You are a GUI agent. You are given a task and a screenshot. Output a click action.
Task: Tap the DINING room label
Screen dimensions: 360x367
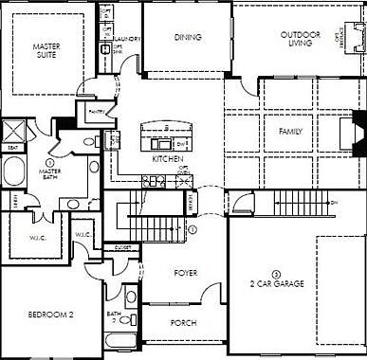[x=188, y=38]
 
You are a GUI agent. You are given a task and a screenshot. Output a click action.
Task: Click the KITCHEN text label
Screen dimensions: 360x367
[x=167, y=159]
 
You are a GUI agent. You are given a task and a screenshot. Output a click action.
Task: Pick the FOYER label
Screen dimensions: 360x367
[x=185, y=273]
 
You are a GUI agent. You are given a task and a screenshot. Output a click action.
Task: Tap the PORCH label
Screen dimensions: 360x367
[x=184, y=323]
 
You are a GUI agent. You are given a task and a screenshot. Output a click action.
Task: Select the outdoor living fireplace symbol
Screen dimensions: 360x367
[x=356, y=39]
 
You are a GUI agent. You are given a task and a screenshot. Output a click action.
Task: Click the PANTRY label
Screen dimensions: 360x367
[x=95, y=111]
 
